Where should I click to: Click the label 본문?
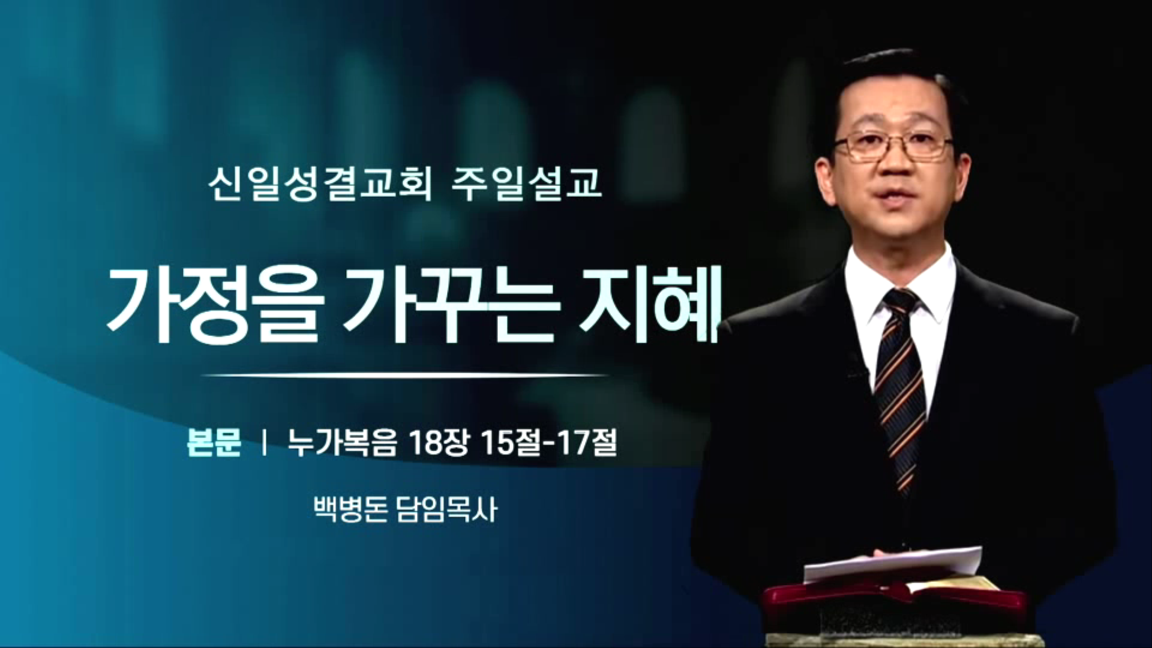coord(214,443)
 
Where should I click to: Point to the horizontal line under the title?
coord(405,376)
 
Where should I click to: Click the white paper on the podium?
coord(893,564)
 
